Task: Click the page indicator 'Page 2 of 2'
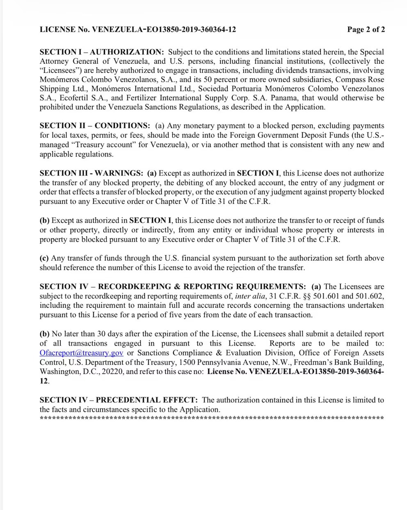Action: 366,30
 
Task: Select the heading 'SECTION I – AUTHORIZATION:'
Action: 102,52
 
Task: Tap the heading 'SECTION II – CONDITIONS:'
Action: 95,126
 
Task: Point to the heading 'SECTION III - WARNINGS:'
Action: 91,173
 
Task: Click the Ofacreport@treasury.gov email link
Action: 81,353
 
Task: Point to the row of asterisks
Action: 212,418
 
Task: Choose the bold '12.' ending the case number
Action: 44,381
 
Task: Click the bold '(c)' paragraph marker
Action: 44,258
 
